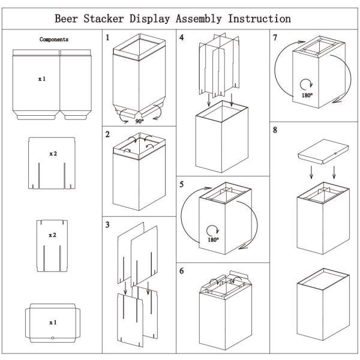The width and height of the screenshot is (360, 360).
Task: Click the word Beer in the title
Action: click(x=66, y=19)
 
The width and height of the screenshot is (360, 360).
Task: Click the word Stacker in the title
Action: click(x=104, y=19)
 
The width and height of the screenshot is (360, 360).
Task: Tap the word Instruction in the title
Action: click(x=259, y=19)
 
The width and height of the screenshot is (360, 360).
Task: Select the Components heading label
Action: click(x=54, y=40)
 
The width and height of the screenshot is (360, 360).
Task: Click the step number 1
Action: click(x=107, y=37)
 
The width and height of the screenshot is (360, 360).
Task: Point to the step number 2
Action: click(x=107, y=134)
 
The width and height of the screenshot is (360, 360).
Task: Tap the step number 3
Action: click(x=107, y=224)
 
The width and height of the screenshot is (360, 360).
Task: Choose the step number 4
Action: click(x=182, y=37)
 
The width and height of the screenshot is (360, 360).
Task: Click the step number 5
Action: click(x=182, y=184)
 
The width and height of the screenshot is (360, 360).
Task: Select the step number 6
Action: click(x=182, y=271)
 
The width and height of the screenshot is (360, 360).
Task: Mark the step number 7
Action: click(x=275, y=37)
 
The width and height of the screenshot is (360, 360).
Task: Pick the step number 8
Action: click(x=275, y=130)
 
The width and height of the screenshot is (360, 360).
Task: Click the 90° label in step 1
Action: click(x=139, y=121)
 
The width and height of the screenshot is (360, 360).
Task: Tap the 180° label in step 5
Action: click(x=213, y=240)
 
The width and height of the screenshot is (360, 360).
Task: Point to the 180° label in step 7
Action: click(x=307, y=95)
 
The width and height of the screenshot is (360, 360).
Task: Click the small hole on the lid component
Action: click(x=53, y=338)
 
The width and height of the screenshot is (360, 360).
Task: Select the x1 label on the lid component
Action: click(x=53, y=323)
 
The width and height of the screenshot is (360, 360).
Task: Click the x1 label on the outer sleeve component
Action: click(x=42, y=79)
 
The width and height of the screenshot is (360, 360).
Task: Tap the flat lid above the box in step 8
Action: click(x=323, y=152)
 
